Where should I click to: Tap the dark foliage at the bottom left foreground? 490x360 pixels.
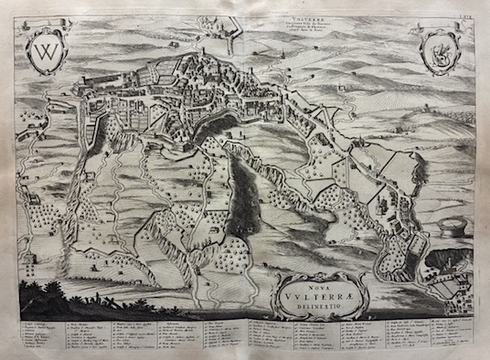coord(55,298)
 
